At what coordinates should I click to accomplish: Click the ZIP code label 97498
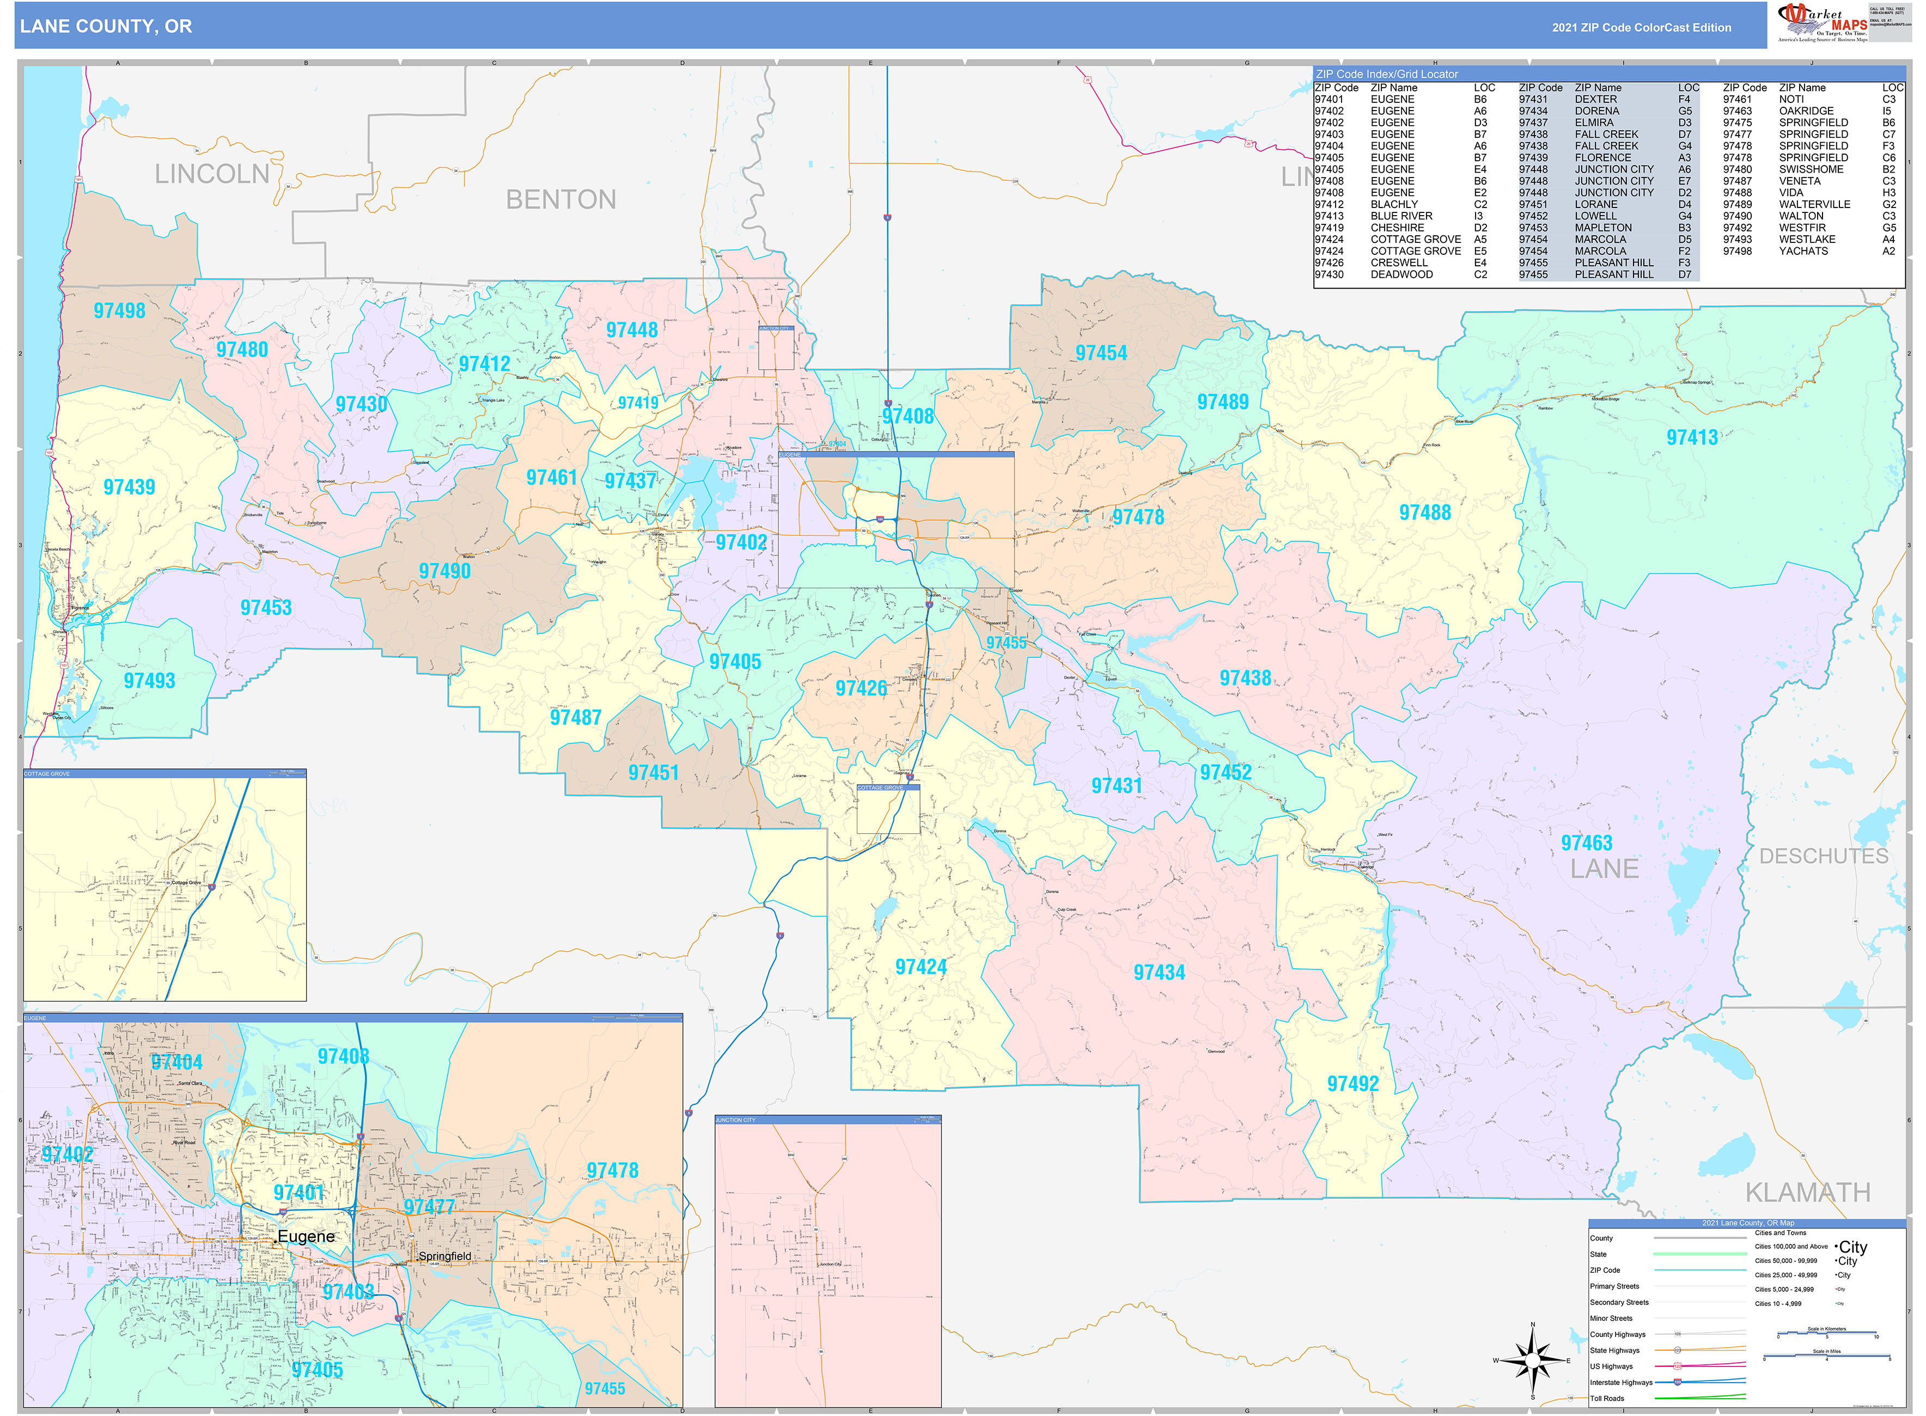click(119, 311)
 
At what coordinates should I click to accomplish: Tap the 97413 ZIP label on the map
click(1691, 438)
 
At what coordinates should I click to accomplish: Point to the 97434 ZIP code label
click(1159, 973)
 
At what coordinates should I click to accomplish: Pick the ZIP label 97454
click(1101, 353)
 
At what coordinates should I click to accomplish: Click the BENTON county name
click(560, 200)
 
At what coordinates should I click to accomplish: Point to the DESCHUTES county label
click(1823, 856)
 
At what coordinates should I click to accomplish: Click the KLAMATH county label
click(1808, 1192)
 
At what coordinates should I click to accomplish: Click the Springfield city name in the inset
click(444, 1256)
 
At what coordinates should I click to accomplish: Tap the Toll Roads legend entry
click(1607, 1398)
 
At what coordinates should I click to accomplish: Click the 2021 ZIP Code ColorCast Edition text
click(1641, 27)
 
